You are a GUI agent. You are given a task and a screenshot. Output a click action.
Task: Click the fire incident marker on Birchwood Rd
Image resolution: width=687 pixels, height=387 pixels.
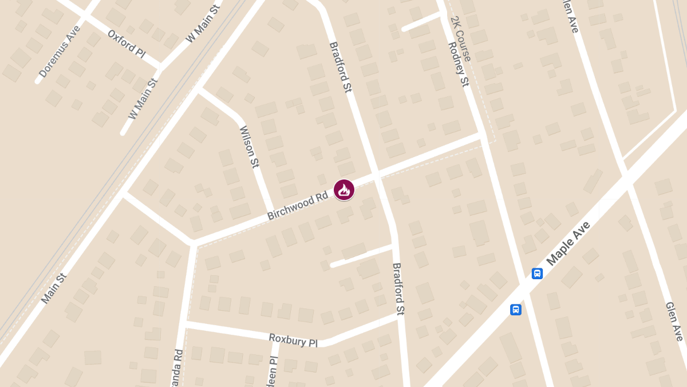tap(344, 190)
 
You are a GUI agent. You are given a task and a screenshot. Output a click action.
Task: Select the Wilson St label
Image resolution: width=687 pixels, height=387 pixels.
tap(250, 147)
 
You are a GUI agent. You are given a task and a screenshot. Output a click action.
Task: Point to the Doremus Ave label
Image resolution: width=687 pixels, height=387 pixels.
tap(60, 51)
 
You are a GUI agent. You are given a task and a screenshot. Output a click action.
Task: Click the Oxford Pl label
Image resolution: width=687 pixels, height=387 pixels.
tap(127, 42)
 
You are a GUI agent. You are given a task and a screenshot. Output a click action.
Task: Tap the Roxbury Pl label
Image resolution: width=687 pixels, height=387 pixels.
tap(293, 339)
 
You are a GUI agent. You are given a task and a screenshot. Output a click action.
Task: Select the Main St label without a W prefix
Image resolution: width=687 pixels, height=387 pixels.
tap(54, 288)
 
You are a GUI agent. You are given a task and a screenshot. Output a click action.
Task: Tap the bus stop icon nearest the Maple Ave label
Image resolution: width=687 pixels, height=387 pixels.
tap(537, 273)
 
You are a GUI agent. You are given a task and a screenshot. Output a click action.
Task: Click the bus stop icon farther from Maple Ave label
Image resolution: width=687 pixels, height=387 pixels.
tap(515, 310)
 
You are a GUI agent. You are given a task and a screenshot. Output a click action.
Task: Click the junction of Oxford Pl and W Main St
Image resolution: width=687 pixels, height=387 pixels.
tap(160, 67)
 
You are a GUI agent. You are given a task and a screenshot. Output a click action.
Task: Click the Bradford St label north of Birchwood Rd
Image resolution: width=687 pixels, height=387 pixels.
tap(340, 67)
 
